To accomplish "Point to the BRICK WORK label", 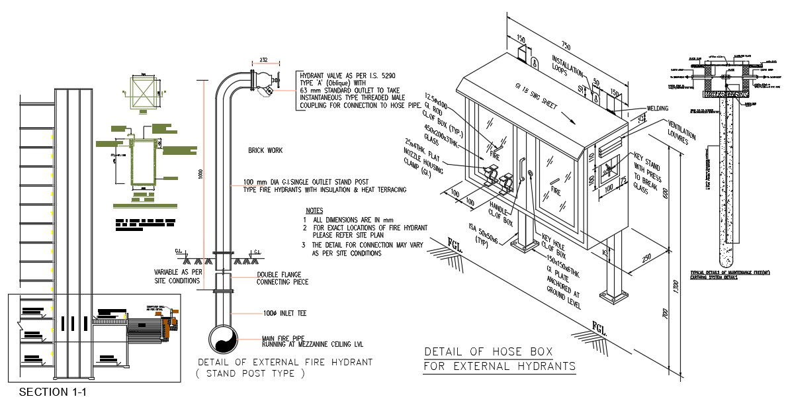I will (x=265, y=151).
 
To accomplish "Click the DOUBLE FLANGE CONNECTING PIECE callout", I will (x=283, y=279).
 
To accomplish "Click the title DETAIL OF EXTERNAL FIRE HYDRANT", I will (x=285, y=363).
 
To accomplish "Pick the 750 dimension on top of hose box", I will (x=566, y=46).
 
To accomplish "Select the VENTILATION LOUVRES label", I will (x=682, y=132).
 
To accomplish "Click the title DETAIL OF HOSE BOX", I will (x=488, y=351).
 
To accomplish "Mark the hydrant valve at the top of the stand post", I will (x=265, y=84).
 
